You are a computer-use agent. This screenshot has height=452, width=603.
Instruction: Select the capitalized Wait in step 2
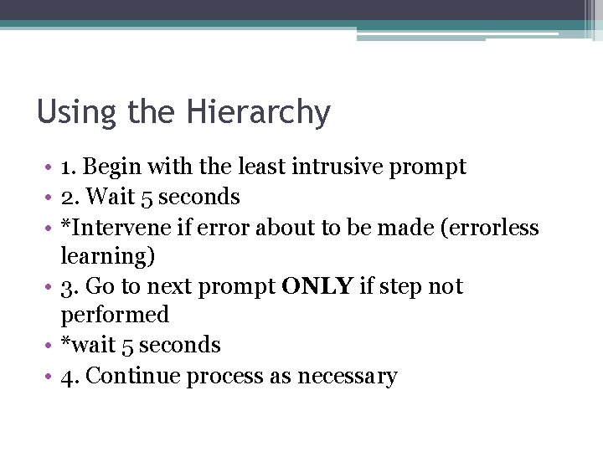[x=103, y=198]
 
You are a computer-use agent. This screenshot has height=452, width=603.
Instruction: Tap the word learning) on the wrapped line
[x=108, y=257]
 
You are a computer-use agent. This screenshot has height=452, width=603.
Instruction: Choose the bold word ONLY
[x=318, y=287]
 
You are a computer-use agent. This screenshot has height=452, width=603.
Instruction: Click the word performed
[x=115, y=316]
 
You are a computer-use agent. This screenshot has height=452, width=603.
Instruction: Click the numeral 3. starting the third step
[x=70, y=287]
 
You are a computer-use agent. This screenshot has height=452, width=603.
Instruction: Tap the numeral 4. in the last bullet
[x=70, y=377]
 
